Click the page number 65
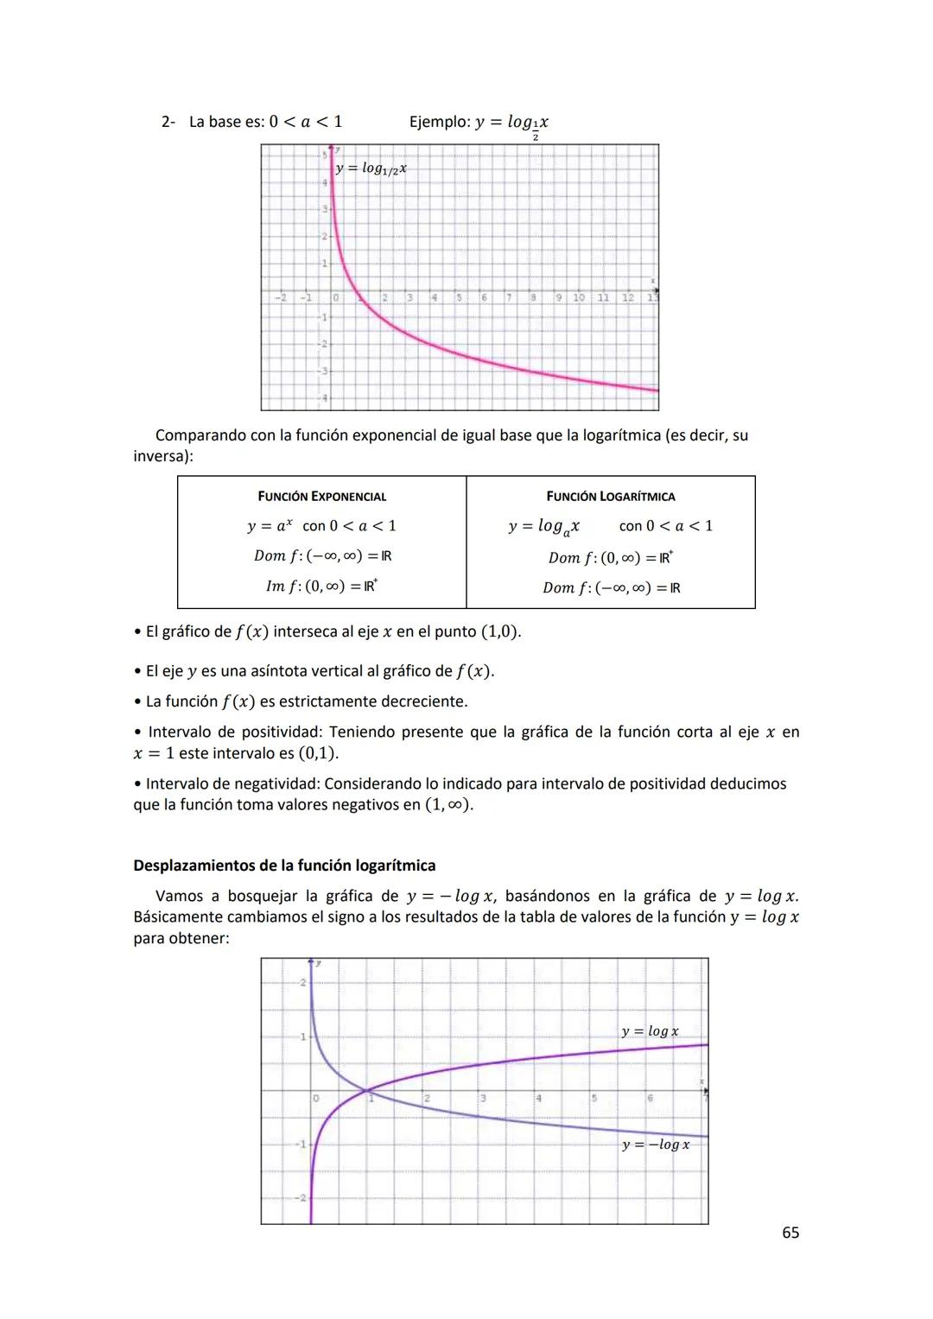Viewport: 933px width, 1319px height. [790, 1233]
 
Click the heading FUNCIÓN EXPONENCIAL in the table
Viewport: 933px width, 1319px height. [321, 497]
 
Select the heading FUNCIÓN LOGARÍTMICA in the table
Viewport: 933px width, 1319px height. [610, 497]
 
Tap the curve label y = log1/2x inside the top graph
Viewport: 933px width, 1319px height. [371, 169]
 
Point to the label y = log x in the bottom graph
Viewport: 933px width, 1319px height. [650, 1031]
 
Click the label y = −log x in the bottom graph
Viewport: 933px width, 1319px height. [656, 1145]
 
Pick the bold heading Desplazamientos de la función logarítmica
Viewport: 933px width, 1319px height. [284, 866]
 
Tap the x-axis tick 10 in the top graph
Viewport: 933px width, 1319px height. [578, 298]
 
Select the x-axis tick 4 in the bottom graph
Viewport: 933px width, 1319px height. [538, 1099]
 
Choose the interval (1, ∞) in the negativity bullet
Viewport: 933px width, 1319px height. [447, 805]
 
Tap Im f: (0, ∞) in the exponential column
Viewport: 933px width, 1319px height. [321, 587]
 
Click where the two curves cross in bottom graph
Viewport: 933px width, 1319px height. [367, 1090]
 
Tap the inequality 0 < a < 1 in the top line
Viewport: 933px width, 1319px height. [306, 122]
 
